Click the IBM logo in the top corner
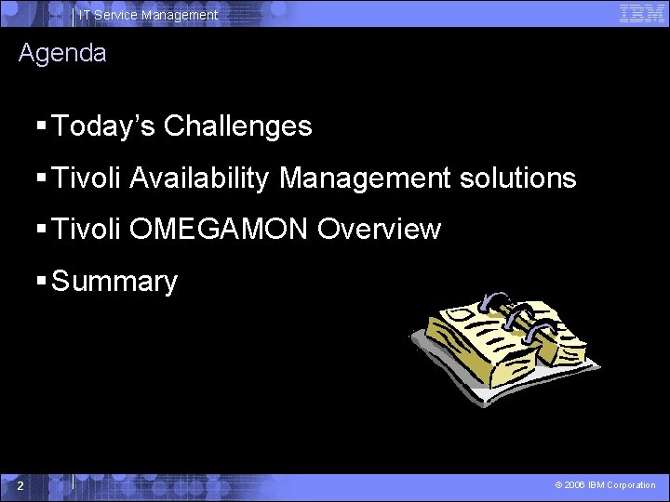point(642,13)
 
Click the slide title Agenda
point(62,53)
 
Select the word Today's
point(104,126)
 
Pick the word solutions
point(521,178)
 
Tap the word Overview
point(379,230)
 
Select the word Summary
point(114,282)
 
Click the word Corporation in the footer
point(631,485)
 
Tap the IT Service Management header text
point(148,15)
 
